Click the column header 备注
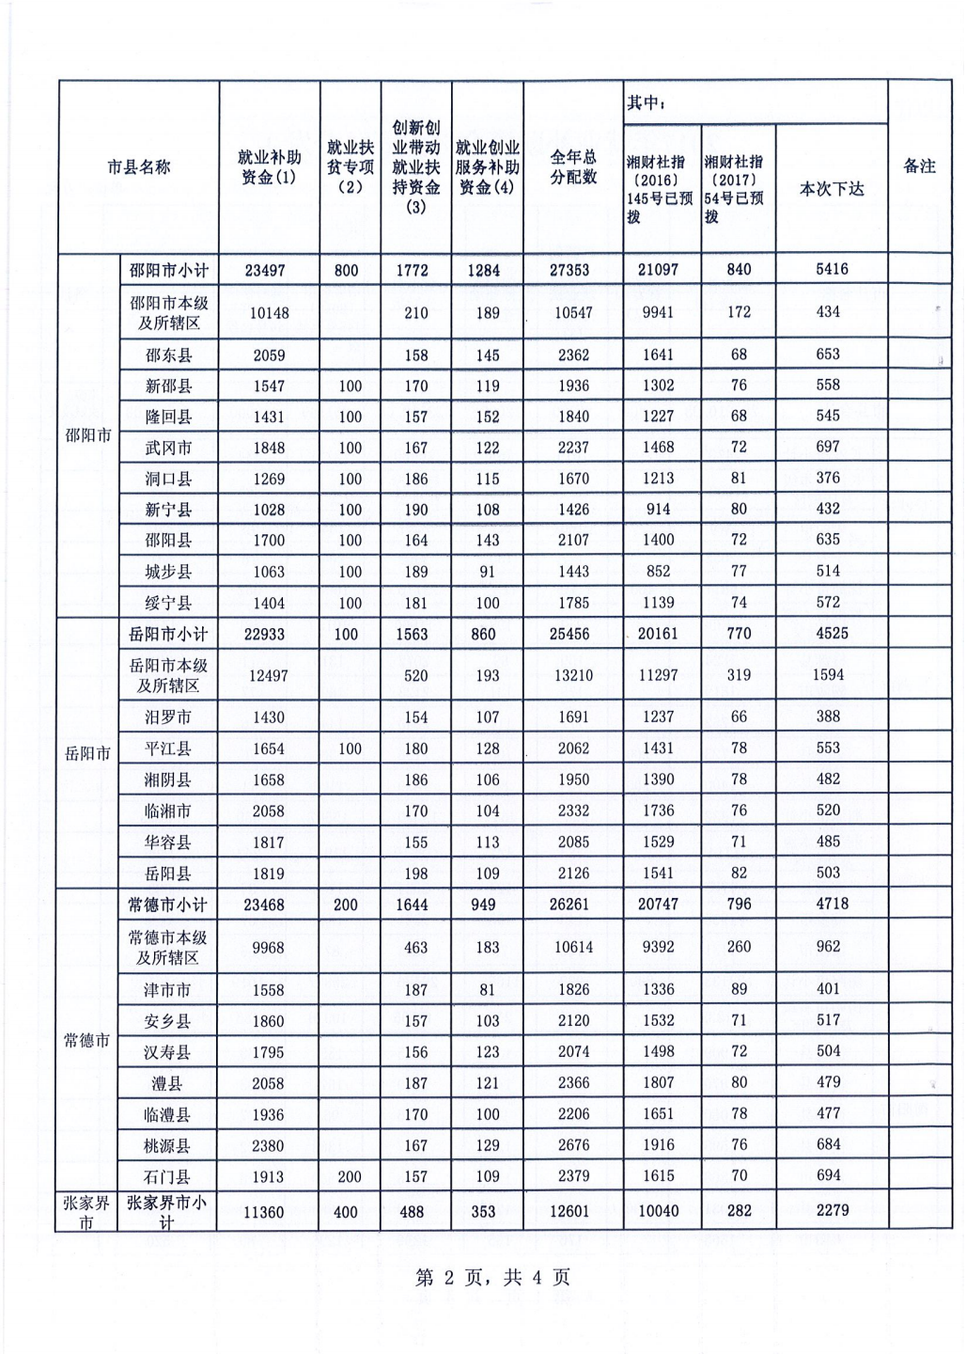pyautogui.click(x=919, y=166)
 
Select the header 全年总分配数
pyautogui.click(x=573, y=167)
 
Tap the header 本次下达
pyautogui.click(x=831, y=189)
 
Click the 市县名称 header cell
pyautogui.click(x=139, y=167)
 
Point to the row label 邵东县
pyautogui.click(x=168, y=355)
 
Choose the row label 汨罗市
pyautogui.click(x=168, y=717)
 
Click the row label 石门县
pyautogui.click(x=168, y=1176)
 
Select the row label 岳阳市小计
pyautogui.click(x=168, y=634)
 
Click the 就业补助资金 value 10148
pyautogui.click(x=269, y=313)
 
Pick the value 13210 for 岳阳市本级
pyautogui.click(x=573, y=676)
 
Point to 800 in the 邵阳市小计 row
pyautogui.click(x=346, y=270)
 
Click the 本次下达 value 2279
pyautogui.click(x=832, y=1210)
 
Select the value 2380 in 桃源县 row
pyautogui.click(x=268, y=1145)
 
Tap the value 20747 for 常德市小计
pyautogui.click(x=658, y=905)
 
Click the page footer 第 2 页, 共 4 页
pyautogui.click(x=493, y=1277)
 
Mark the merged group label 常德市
pyautogui.click(x=86, y=1041)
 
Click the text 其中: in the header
pyautogui.click(x=647, y=102)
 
